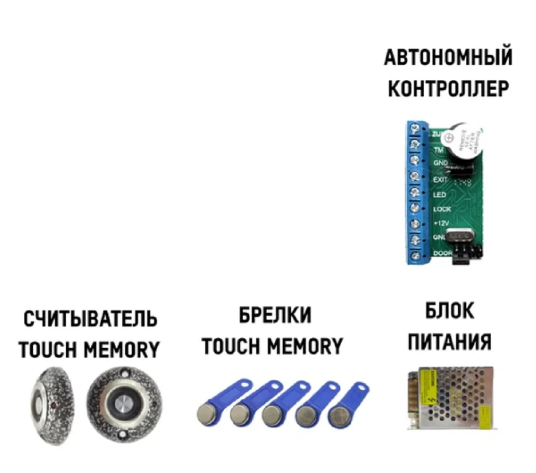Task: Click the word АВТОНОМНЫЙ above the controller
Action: coord(448,58)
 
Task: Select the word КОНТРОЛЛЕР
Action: coord(448,88)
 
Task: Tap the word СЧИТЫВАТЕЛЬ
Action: coord(90,320)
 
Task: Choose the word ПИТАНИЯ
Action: coord(449,341)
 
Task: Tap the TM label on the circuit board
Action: coord(439,150)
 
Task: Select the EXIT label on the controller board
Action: coord(441,180)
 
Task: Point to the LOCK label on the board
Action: coord(442,209)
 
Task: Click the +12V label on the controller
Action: coord(441,223)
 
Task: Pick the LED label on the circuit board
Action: coord(440,195)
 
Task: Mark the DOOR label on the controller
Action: coord(442,253)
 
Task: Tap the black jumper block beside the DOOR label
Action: coord(464,258)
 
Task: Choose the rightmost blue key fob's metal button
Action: coord(337,414)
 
